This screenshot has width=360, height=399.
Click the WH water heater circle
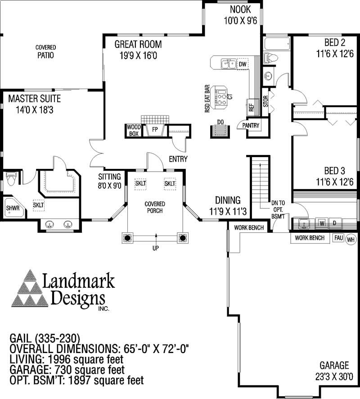(351, 240)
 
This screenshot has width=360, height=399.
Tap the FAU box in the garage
(337, 238)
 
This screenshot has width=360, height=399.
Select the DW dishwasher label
(243, 64)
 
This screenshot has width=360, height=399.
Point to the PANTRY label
(251, 126)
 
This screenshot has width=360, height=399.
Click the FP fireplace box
(155, 130)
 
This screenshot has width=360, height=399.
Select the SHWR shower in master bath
(12, 208)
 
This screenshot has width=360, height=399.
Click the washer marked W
(322, 223)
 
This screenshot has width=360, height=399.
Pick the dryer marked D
(335, 223)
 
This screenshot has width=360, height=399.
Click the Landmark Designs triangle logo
(30, 288)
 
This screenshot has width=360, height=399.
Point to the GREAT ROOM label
(138, 44)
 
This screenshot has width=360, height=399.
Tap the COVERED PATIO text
(45, 51)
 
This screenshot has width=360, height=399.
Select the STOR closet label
(265, 99)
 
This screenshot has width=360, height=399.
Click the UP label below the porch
(156, 247)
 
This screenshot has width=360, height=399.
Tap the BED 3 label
(334, 171)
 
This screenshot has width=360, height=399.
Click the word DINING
(227, 200)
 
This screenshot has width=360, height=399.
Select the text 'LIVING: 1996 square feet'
(66, 359)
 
